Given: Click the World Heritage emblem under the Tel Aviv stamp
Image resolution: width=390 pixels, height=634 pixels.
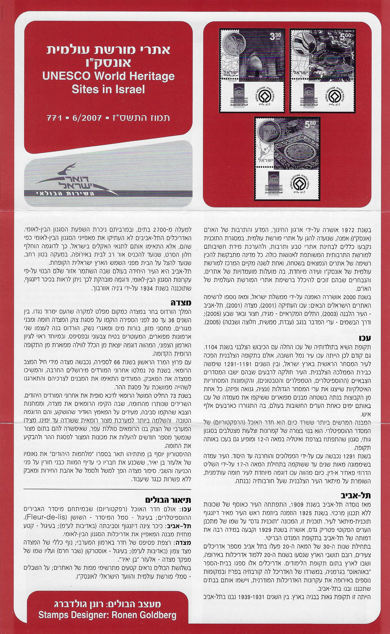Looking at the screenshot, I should (x=334, y=97).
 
